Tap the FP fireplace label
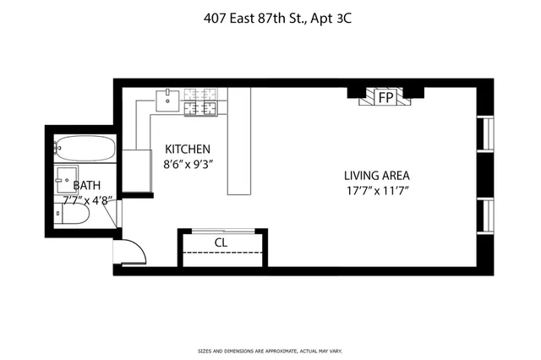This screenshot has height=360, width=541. pyautogui.click(x=385, y=98)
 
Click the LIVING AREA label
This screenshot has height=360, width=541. pyautogui.click(x=376, y=176)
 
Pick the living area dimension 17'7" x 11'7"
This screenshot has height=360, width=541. pyautogui.click(x=376, y=191)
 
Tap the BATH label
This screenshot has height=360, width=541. pyautogui.click(x=86, y=185)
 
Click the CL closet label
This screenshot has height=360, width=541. pyautogui.click(x=221, y=243)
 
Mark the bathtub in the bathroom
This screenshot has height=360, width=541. pyautogui.click(x=85, y=149)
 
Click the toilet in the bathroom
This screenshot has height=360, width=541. pyautogui.click(x=74, y=215)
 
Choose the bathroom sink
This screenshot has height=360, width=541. pyautogui.click(x=66, y=178)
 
